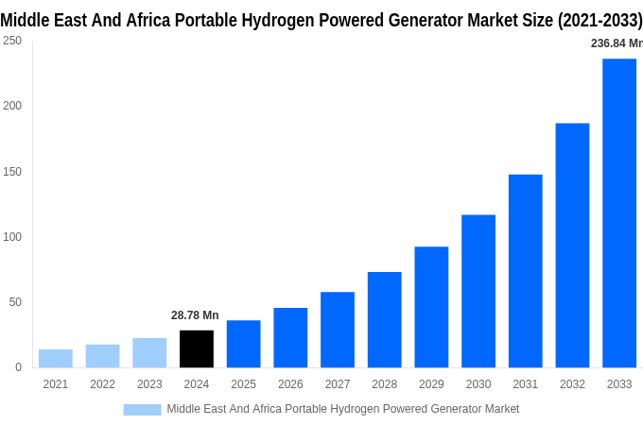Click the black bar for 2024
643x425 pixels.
197,348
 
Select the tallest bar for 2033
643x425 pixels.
619,212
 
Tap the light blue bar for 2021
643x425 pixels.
56,358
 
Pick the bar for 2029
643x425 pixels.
431,307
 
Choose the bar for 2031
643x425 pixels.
526,271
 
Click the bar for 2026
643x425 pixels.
290,337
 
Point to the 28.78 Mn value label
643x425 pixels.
195,315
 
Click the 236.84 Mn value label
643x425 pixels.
616,43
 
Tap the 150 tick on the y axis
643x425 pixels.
11,172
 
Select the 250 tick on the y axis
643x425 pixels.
11,41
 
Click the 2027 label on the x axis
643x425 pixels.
338,384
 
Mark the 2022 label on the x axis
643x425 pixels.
102,384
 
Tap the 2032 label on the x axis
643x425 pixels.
572,384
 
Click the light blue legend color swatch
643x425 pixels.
142,409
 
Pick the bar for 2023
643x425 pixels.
149,352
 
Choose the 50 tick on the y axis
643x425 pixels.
15,302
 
